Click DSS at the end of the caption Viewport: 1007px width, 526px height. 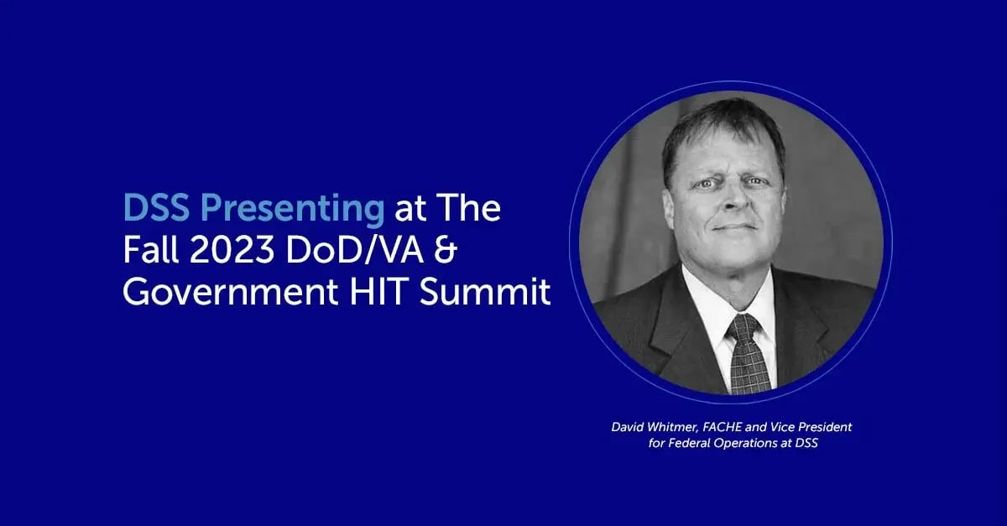[805, 444]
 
